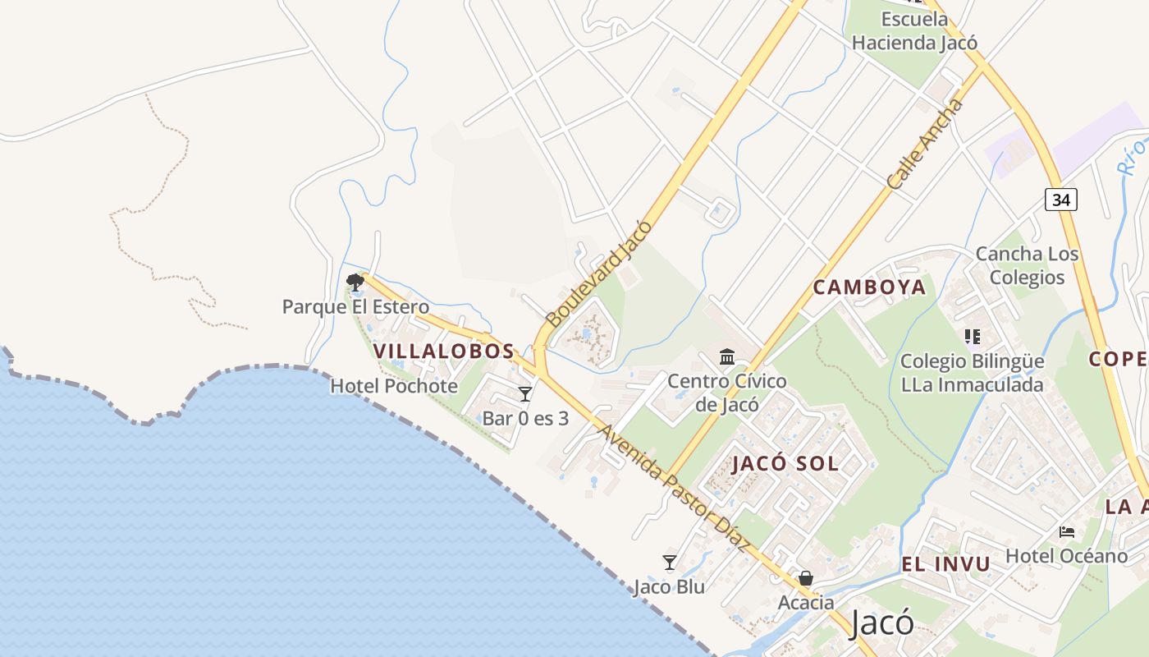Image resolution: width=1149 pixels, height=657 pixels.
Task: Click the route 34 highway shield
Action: tap(1061, 199)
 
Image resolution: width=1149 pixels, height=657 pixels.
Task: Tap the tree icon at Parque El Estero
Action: tap(355, 283)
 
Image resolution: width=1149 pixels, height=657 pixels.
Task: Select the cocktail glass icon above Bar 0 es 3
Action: tap(525, 394)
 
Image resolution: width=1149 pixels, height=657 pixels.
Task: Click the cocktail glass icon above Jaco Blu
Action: tap(670, 563)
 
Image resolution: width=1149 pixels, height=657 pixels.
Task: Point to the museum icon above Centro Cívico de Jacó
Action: tap(727, 357)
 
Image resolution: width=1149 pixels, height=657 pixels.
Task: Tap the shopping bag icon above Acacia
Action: tap(806, 578)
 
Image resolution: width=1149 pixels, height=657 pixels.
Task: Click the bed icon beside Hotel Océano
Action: tap(1067, 532)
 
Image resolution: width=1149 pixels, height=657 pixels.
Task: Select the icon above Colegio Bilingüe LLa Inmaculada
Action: tap(973, 336)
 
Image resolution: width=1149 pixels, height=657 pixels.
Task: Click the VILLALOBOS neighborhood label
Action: tap(444, 351)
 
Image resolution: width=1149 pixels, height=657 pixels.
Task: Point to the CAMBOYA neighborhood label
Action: tap(869, 287)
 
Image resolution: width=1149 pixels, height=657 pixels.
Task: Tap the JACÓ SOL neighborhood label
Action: tap(785, 463)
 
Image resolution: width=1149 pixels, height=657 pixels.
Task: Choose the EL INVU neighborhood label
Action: tap(945, 564)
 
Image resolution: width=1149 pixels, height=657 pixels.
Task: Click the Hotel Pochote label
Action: tap(394, 386)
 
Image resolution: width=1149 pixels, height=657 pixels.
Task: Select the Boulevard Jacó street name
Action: tap(598, 273)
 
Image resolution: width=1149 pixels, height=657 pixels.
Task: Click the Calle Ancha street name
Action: tap(925, 145)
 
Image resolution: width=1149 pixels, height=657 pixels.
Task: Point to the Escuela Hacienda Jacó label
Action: tap(914, 30)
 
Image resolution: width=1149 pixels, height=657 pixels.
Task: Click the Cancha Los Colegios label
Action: tap(1027, 265)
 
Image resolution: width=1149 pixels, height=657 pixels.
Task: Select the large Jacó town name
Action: tap(881, 623)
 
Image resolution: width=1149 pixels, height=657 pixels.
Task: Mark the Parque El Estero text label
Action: tap(355, 307)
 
